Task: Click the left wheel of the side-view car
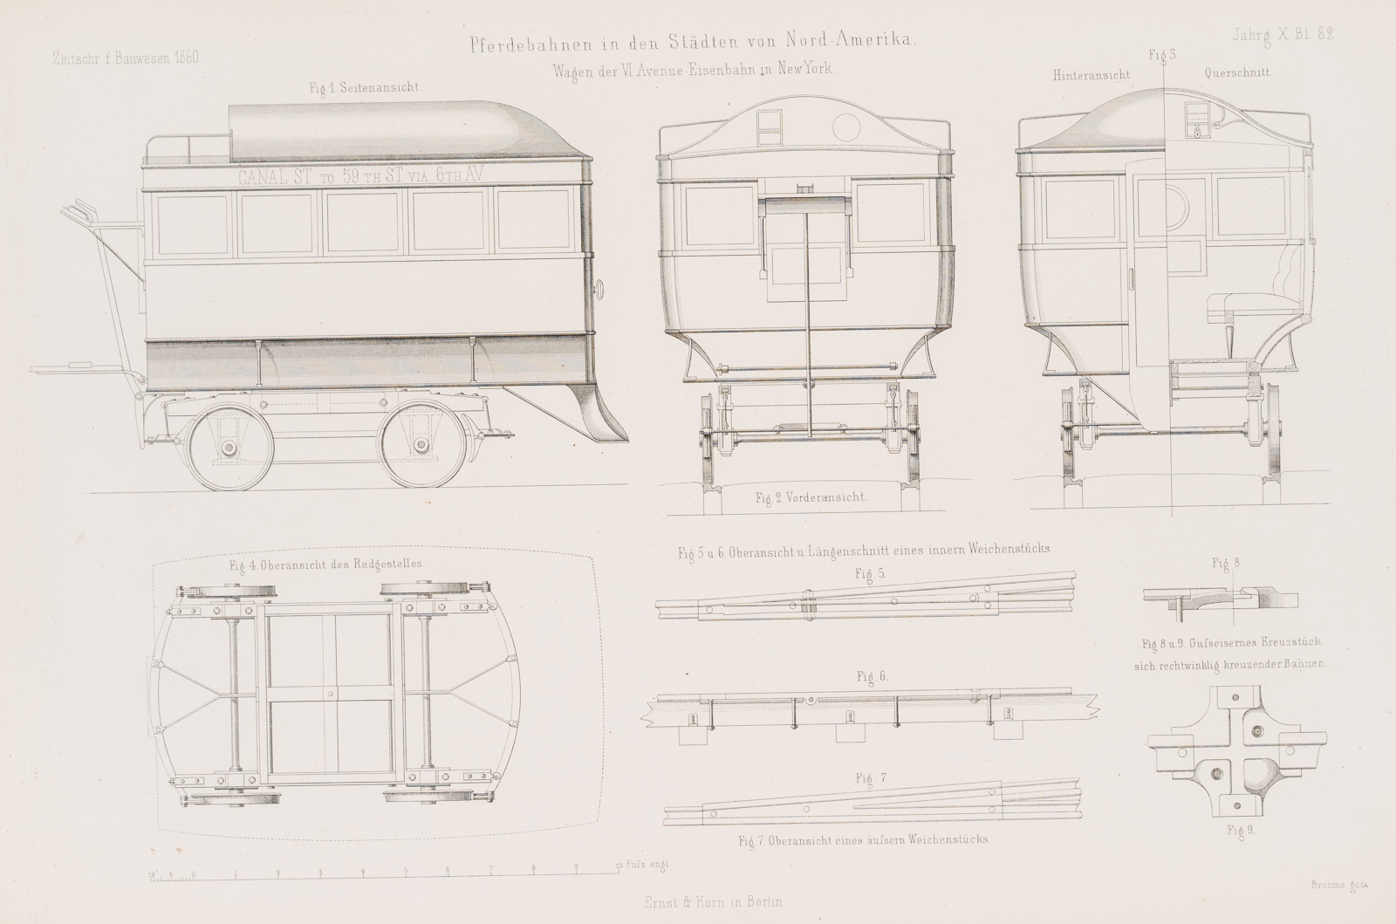tap(228, 448)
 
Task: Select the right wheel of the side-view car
tap(421, 448)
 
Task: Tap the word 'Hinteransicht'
tap(1091, 76)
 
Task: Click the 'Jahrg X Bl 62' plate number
tap(1283, 35)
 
